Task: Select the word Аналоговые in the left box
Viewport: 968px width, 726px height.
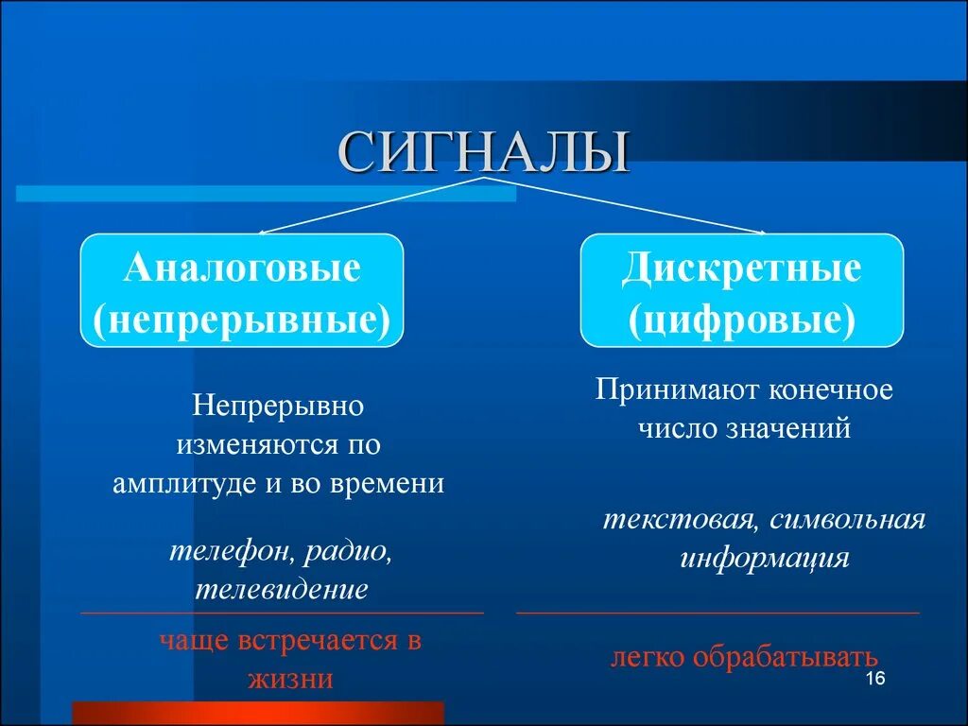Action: tap(242, 268)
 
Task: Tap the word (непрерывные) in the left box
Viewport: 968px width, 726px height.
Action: tap(242, 320)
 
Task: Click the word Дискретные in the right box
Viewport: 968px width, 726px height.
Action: tap(741, 268)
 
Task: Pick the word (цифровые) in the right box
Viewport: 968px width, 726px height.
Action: tap(742, 320)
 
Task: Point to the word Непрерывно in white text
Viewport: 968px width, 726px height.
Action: tap(279, 406)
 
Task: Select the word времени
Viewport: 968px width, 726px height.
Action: tap(387, 483)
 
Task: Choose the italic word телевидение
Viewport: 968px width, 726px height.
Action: tap(282, 589)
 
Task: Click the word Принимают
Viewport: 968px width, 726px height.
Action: tap(677, 390)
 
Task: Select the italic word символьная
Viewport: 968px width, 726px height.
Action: tap(848, 520)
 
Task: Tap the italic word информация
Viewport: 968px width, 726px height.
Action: tap(764, 558)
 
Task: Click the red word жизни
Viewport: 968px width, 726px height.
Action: tap(291, 679)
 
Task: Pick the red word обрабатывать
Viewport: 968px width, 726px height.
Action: tap(785, 657)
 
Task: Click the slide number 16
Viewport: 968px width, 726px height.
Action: tap(875, 678)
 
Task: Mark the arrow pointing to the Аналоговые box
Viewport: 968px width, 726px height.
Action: tap(372, 205)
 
